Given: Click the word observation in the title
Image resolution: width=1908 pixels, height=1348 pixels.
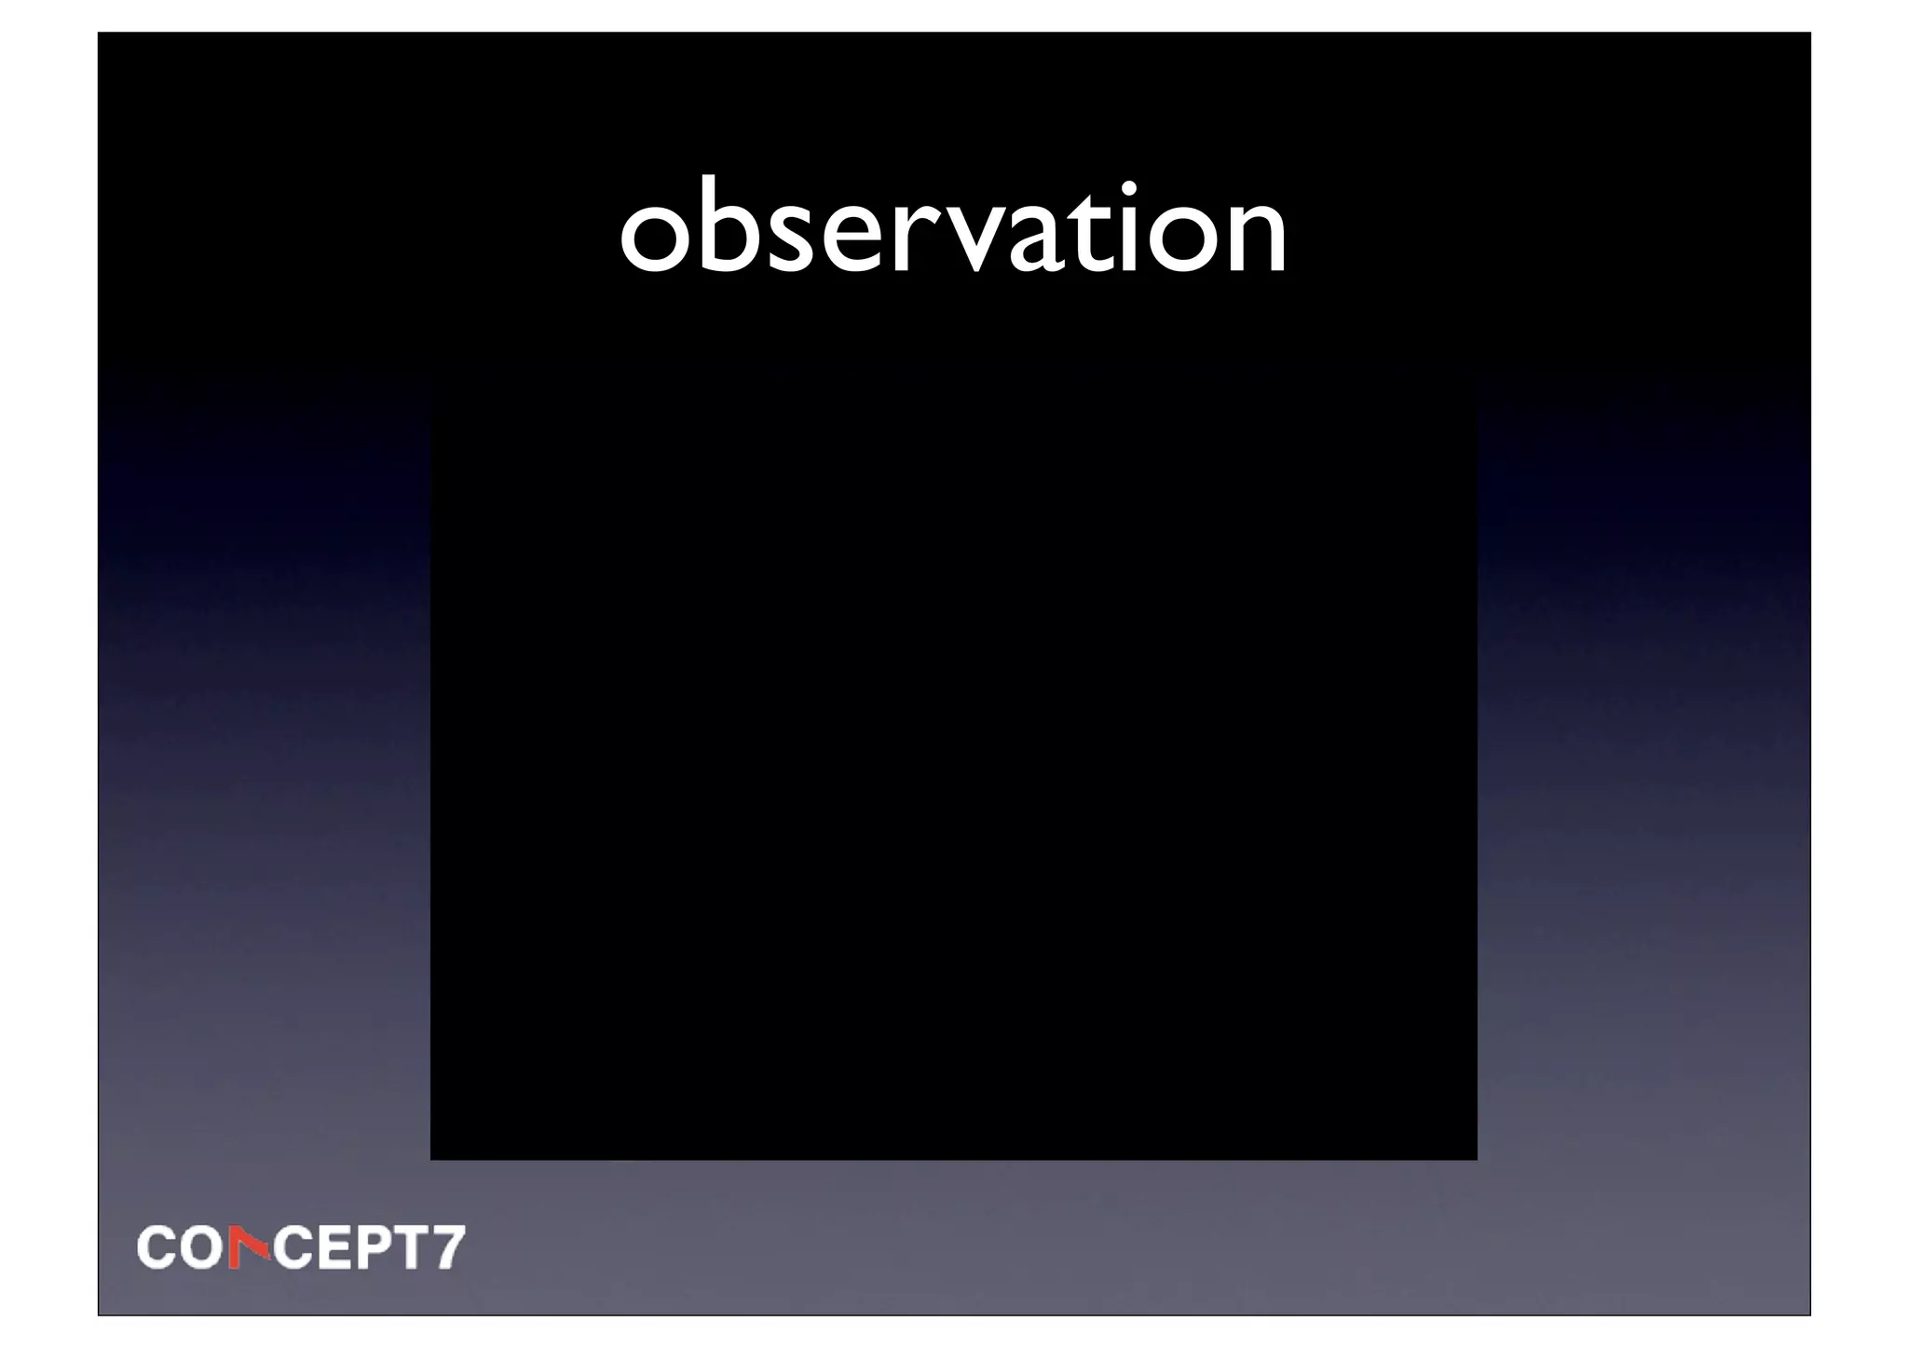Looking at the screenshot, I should point(953,228).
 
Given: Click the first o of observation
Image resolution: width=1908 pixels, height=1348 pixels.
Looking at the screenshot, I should point(657,240).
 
